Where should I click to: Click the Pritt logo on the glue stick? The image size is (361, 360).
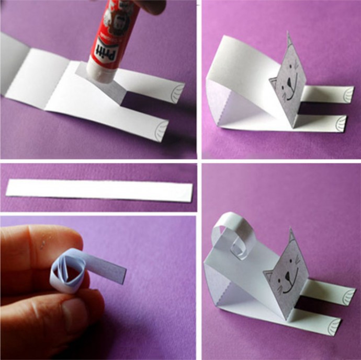coord(107,51)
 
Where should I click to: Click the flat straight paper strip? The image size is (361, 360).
coord(99,191)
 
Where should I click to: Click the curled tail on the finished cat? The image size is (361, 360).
coord(233,237)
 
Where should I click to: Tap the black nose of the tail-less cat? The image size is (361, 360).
coord(289,81)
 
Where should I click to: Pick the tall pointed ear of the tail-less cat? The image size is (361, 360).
coord(290,41)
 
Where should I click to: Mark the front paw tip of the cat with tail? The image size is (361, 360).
coord(335,326)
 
